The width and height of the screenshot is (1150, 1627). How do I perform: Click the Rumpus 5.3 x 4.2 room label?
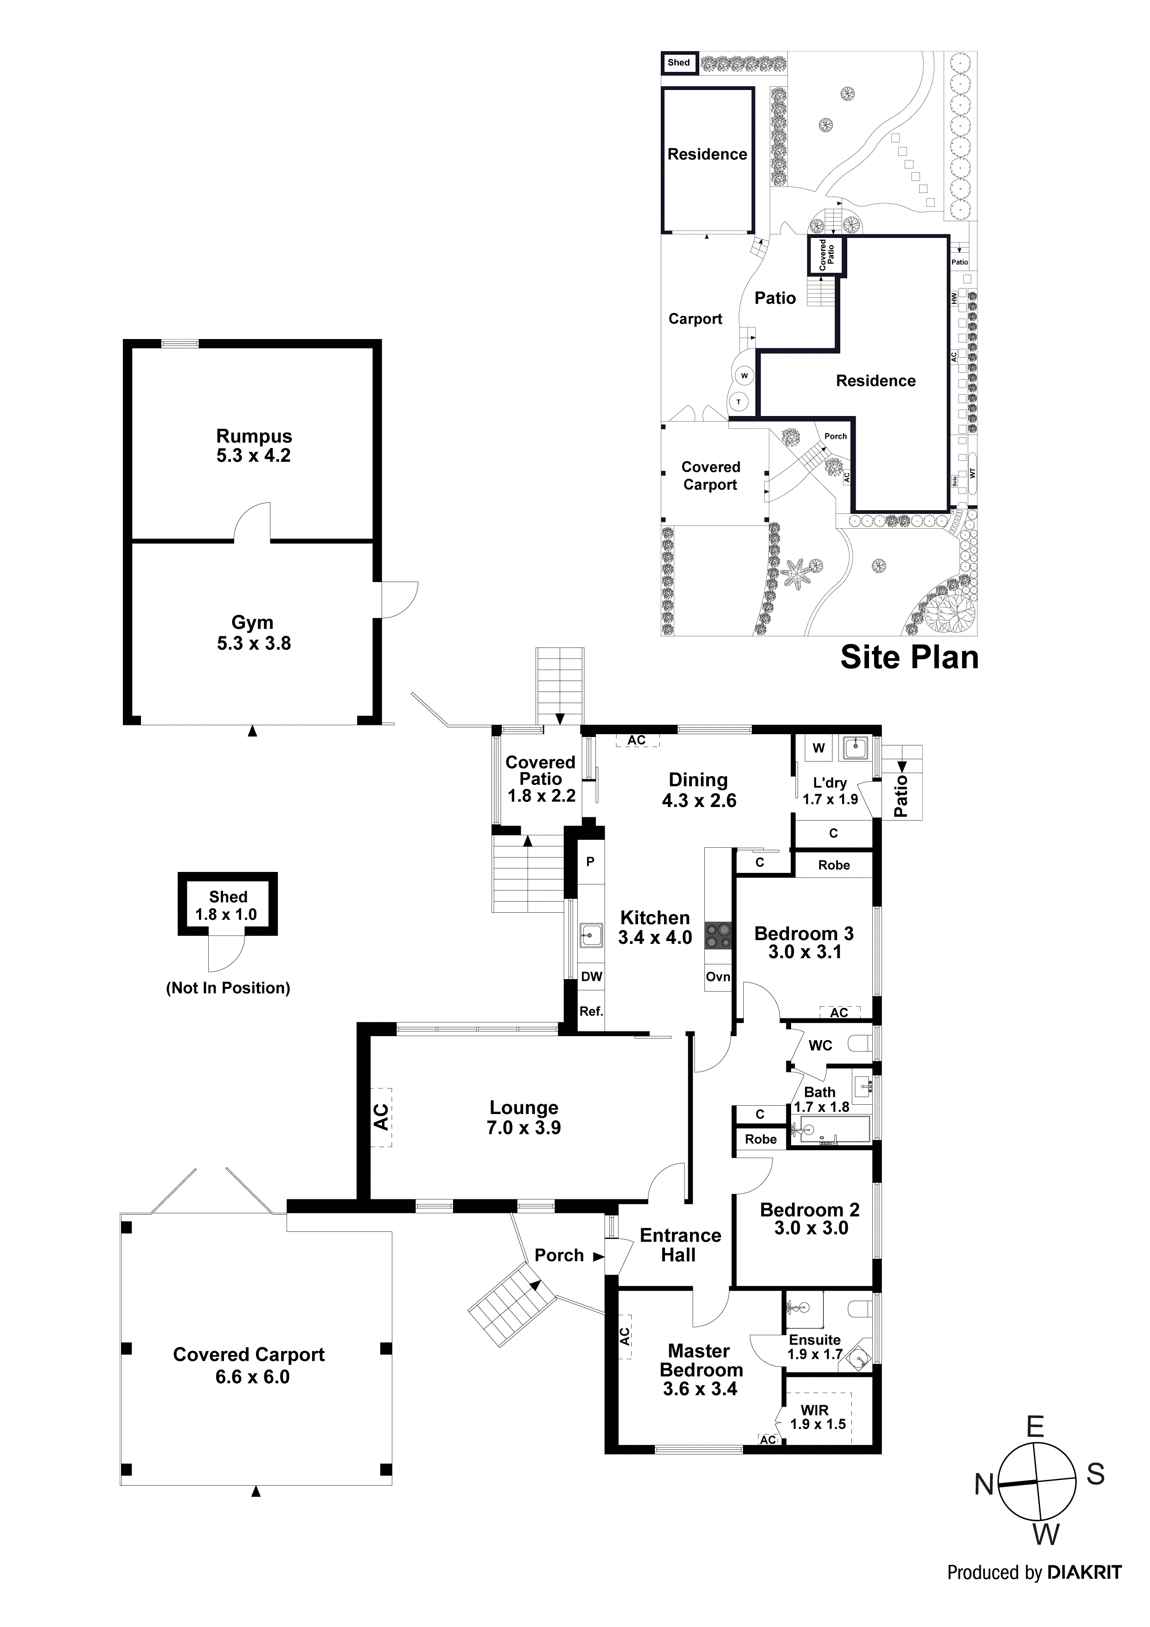coord(254,446)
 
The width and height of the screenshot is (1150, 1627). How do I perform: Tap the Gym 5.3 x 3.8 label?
coord(253,633)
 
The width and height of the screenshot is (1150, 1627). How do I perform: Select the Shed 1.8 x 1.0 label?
coord(227,906)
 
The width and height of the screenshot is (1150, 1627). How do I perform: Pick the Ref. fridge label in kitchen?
coord(591,1011)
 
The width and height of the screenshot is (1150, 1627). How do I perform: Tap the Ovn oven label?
coord(718,976)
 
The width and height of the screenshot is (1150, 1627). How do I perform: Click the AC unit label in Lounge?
coord(381,1117)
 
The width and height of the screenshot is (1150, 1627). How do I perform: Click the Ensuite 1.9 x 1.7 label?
coord(815,1346)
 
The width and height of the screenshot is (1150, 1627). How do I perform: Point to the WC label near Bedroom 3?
coord(820,1045)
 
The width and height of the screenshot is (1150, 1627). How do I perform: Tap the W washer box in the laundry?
coord(818,748)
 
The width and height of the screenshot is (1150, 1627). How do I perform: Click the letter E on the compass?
coord(1035,1427)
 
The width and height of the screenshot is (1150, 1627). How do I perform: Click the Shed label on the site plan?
coord(678,62)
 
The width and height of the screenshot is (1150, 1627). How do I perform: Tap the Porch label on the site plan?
coord(836,436)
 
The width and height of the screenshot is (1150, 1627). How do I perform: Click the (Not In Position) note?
coord(227,988)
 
